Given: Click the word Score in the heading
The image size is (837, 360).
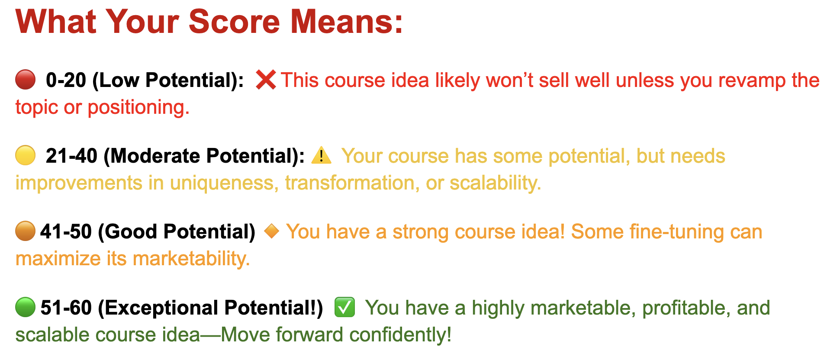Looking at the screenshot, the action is coord(234,21).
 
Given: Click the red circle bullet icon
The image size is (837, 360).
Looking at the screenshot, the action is coord(26,80).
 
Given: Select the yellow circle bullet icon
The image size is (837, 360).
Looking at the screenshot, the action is coord(26,155).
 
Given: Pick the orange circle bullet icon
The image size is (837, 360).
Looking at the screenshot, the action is coord(26,231).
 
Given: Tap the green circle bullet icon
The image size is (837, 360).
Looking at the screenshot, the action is coord(26,307).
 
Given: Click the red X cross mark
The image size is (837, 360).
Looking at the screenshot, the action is coord(266,80).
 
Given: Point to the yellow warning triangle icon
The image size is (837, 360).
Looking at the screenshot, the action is coord(322,155).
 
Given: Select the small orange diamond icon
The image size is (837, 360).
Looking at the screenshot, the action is coord(272,231).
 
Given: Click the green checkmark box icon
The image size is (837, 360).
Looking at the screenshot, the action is coord(345,307).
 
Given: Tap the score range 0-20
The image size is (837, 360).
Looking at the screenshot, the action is coord(66,80).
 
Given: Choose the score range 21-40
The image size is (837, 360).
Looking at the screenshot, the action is coord(71,156).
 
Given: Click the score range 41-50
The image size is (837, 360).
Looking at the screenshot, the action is coord(66,231).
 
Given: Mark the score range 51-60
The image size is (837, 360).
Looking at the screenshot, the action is coord(66,308).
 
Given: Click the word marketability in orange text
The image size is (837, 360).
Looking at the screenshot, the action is coord(191,259).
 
